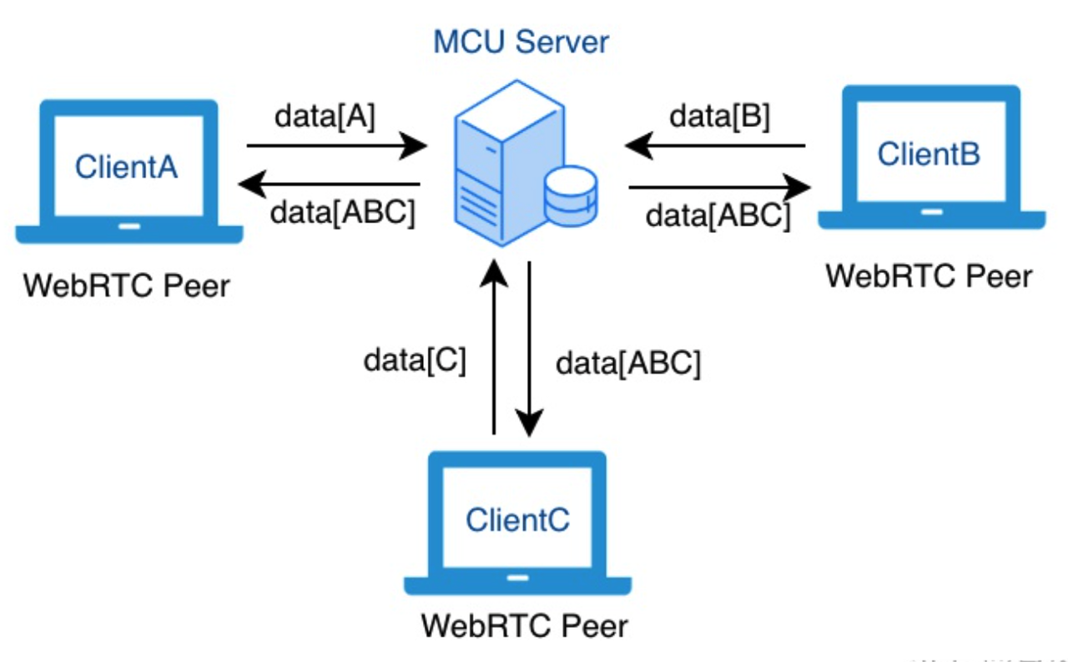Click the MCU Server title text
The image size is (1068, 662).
[x=521, y=42]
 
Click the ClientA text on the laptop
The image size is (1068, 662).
[x=126, y=167]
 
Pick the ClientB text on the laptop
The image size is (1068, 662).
[x=929, y=154]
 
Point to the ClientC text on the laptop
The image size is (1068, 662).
[x=517, y=519]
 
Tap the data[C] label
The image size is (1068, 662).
[x=415, y=361]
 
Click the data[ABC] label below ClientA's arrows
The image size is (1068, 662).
[x=343, y=213]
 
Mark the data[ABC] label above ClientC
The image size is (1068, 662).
[x=628, y=363]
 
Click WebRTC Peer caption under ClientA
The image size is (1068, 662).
[x=126, y=286]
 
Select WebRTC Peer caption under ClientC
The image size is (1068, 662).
[x=524, y=624]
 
